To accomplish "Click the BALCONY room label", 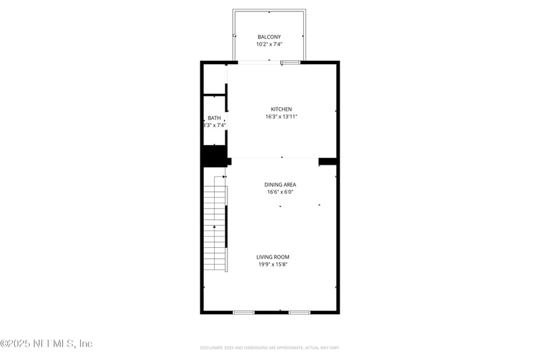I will point(269,36).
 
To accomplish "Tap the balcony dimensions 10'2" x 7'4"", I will point(269,44).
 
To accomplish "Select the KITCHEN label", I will point(281,109).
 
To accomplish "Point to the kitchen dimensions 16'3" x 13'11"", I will point(281,117).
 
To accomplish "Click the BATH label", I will point(214,118).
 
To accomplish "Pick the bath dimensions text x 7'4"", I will point(215,125).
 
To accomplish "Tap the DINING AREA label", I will point(280,184).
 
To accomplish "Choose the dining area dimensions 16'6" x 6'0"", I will point(280,192).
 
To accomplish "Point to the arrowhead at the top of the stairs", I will point(223,177).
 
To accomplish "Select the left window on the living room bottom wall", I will point(244,312).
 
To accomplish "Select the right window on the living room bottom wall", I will point(299,312).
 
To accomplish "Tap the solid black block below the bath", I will point(214,156).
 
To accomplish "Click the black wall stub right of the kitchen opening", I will point(327,161).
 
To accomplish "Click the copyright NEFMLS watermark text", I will point(46,344).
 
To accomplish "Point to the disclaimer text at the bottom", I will point(269,348).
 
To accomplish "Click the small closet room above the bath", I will point(214,79).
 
